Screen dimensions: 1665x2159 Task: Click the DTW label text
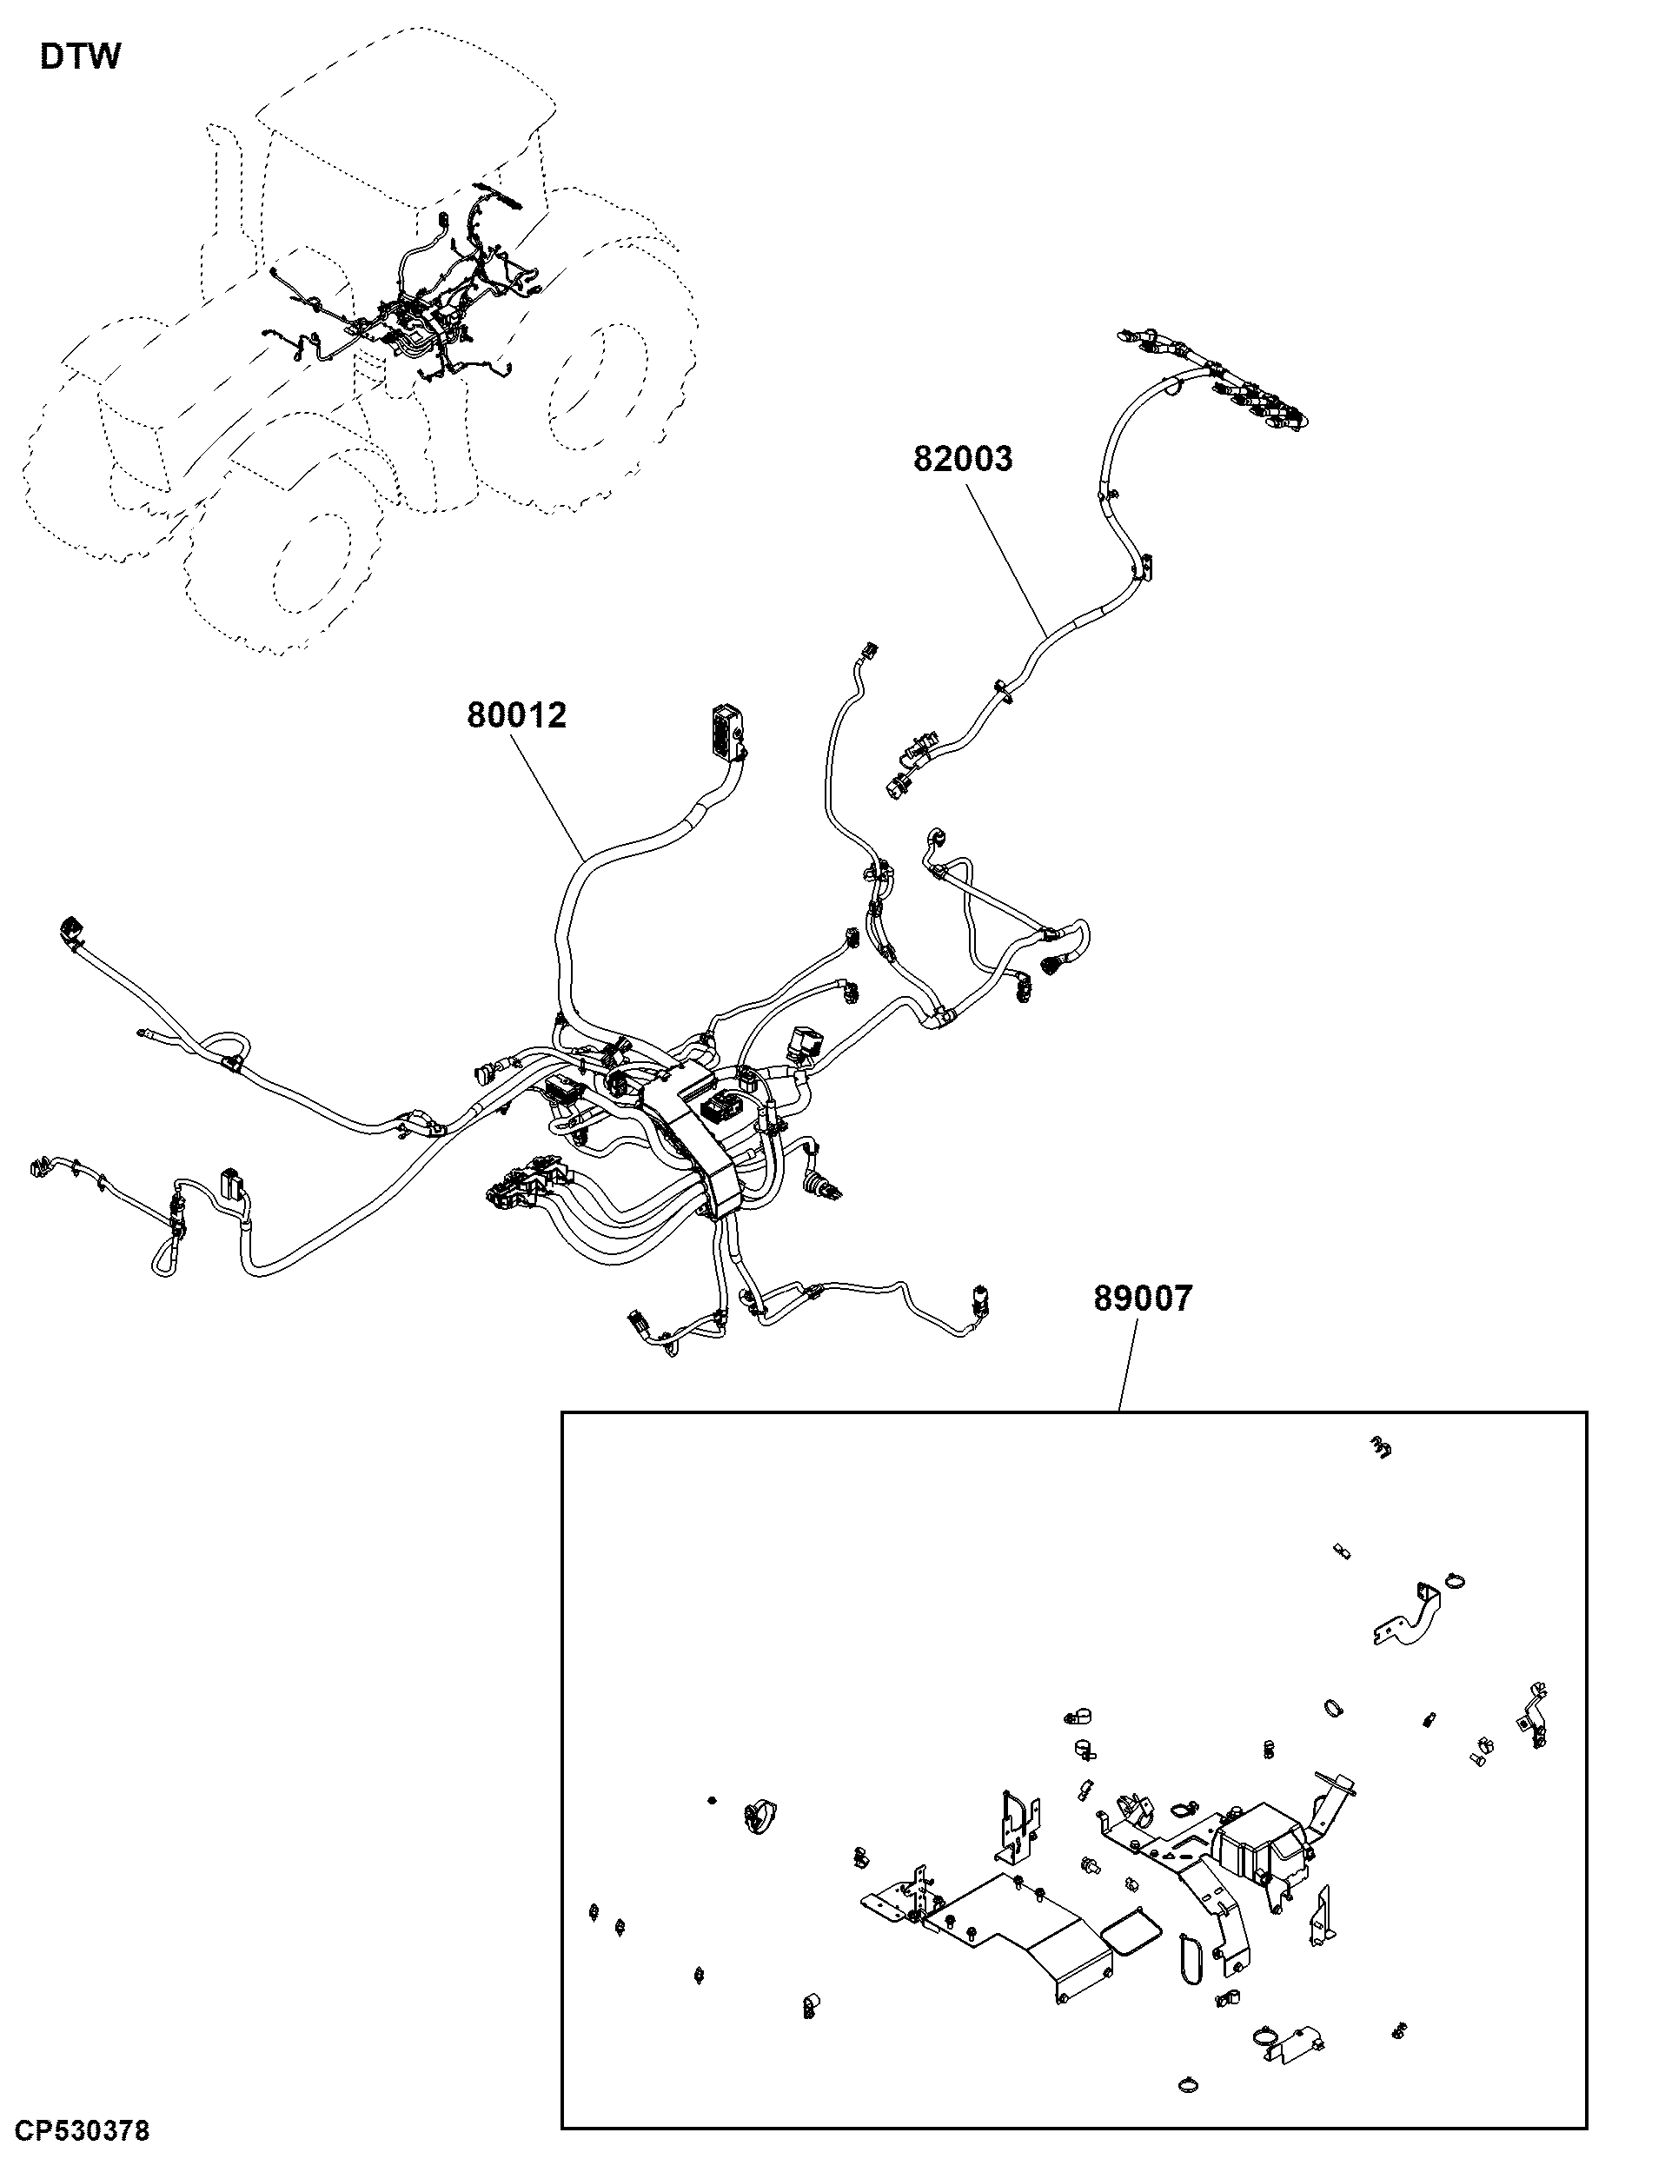point(80,56)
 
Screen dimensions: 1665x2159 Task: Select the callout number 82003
point(963,459)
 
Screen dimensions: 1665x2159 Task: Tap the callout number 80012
point(517,714)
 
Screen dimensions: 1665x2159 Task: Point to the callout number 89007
point(1144,1298)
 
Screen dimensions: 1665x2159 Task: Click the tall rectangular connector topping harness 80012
point(728,732)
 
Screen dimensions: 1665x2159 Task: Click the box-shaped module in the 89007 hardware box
point(1259,1843)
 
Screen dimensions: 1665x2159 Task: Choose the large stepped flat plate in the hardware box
point(1018,1928)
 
